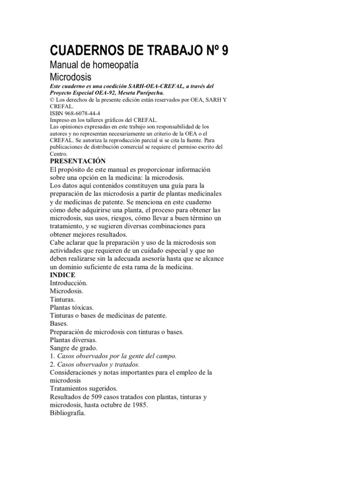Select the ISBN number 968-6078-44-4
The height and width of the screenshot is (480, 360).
[82, 113]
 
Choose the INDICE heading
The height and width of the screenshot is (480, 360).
[62, 275]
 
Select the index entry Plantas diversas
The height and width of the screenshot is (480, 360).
[73, 340]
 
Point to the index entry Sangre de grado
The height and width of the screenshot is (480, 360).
[73, 348]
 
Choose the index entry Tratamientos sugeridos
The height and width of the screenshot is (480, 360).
[83, 389]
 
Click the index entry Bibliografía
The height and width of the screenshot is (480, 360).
[67, 413]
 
